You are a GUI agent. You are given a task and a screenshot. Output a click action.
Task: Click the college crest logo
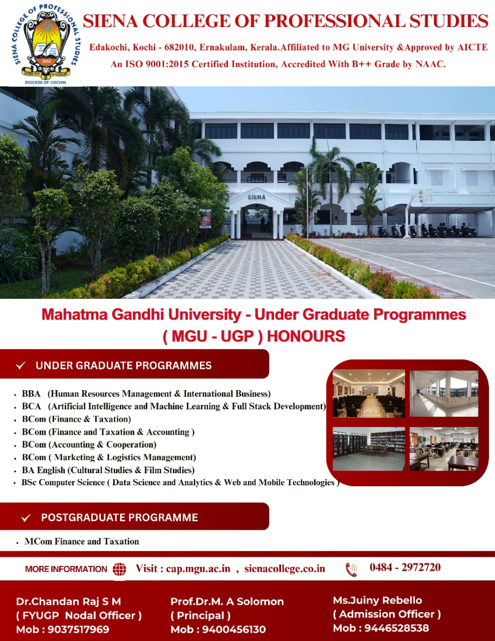pos(46,44)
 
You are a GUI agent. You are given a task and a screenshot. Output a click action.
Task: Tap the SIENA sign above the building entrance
pos(257,197)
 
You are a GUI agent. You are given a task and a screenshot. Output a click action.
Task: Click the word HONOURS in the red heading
pos(306,337)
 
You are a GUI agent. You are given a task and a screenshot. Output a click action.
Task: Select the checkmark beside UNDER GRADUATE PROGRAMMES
pos(21,366)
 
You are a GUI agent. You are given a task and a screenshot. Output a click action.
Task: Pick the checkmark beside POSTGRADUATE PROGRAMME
pos(26,518)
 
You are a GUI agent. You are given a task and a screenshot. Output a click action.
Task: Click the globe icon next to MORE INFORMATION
pos(119,569)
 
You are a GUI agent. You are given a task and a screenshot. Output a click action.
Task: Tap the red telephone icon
pos(351,569)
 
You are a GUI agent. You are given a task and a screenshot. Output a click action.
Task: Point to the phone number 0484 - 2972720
pos(405,567)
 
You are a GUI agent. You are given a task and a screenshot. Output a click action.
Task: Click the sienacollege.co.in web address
pos(285,568)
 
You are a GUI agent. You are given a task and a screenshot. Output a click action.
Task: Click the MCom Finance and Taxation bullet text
pos(82,541)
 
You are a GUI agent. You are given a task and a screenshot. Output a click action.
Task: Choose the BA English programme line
pos(108,470)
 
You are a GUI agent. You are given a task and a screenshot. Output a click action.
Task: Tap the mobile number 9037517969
pos(79,629)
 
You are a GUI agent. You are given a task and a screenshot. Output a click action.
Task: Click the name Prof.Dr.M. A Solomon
pos(227,601)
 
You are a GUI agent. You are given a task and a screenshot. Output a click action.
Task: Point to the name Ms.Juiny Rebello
pos(377,600)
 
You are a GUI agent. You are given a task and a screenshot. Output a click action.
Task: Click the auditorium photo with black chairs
pos(369,394)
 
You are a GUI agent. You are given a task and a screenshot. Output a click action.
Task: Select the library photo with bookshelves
pos(369,449)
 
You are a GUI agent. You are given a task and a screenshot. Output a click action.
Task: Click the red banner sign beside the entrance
pos(205,218)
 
